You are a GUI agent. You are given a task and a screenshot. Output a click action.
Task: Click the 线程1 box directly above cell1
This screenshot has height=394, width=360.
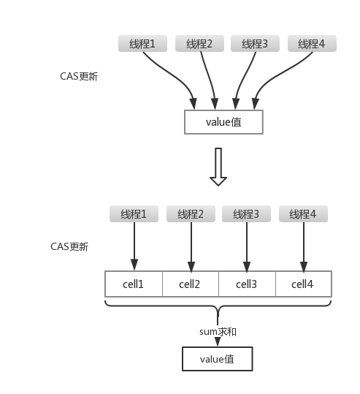point(134,214)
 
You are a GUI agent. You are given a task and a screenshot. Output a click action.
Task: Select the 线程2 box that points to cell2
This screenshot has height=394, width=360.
point(191,214)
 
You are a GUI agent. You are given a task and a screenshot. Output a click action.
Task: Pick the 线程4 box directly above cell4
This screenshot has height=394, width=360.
point(302,214)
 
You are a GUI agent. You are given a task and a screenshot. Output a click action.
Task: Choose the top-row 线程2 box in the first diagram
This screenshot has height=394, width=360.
point(199,44)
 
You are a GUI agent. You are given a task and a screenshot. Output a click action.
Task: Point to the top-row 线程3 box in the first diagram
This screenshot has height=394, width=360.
point(256,44)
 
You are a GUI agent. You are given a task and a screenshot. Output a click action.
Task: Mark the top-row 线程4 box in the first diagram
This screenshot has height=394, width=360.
point(312,44)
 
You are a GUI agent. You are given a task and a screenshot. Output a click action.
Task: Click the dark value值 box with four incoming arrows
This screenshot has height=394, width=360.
point(223,122)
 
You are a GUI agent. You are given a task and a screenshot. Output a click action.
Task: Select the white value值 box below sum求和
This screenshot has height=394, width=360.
point(218,359)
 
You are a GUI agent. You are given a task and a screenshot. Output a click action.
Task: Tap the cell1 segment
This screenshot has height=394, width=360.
point(134,284)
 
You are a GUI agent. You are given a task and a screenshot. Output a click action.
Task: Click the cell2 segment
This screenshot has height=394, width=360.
point(190,284)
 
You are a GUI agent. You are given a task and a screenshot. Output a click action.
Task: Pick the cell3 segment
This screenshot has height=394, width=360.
point(247,284)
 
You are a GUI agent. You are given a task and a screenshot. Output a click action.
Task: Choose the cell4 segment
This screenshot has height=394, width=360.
point(303,284)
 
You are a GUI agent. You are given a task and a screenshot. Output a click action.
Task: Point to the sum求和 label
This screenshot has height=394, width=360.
point(218,331)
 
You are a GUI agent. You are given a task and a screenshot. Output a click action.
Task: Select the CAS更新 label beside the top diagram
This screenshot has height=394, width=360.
point(79,76)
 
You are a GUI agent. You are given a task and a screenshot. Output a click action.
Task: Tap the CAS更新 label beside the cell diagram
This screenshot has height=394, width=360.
point(69,246)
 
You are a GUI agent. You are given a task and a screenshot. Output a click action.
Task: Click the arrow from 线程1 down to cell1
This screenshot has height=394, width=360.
point(134,245)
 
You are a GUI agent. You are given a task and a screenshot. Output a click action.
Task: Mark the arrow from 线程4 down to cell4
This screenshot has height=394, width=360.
point(302,245)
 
